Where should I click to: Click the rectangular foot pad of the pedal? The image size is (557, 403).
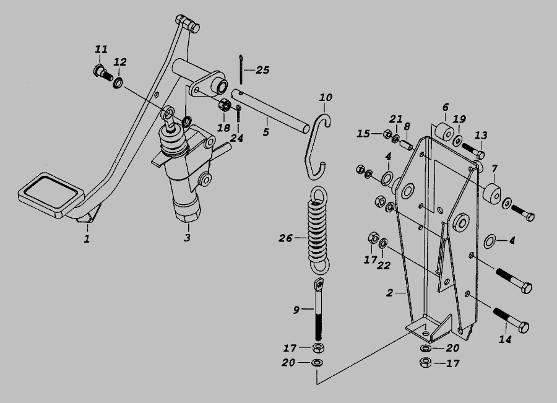pos(51,194)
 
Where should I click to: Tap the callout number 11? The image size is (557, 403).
pos(101,49)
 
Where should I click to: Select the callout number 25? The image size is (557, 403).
pos(262,70)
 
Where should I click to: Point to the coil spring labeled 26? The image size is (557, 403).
pos(318,231)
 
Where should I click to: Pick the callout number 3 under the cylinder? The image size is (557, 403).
pos(187,237)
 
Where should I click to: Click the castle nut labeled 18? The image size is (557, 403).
pos(225,105)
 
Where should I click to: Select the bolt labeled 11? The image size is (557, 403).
pos(103,72)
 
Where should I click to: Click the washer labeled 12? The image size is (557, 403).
pos(118,83)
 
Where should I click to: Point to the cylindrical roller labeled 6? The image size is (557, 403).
pos(445,132)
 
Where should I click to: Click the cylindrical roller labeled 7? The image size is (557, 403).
pos(491,194)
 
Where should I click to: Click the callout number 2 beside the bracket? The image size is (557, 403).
pos(390,293)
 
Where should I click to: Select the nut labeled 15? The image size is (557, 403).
pos(387,134)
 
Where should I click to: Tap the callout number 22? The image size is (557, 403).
pos(384,265)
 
